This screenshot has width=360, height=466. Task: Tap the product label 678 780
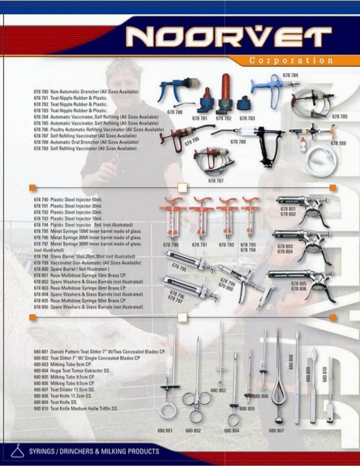pyautogui.click(x=175, y=112)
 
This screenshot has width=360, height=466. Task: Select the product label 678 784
pyautogui.click(x=291, y=74)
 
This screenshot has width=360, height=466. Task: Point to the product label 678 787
pyautogui.click(x=216, y=181)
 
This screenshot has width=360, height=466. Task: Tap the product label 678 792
pyautogui.click(x=226, y=245)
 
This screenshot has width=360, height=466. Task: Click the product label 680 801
pyautogui.click(x=166, y=430)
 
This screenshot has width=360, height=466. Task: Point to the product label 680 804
pyautogui.click(x=232, y=430)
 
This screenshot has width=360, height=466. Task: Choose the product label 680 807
pyautogui.click(x=277, y=430)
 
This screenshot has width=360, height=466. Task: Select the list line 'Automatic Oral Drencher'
pyautogui.click(x=85, y=142)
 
